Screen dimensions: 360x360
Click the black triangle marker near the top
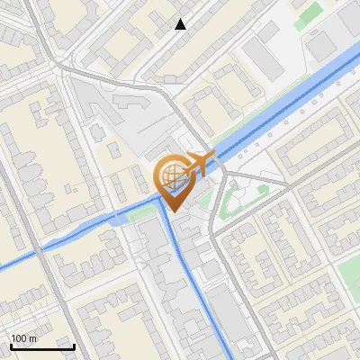[181, 24]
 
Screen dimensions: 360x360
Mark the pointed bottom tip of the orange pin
[171, 211]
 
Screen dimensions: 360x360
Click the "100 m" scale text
[23, 338]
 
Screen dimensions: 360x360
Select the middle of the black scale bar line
[42, 346]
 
